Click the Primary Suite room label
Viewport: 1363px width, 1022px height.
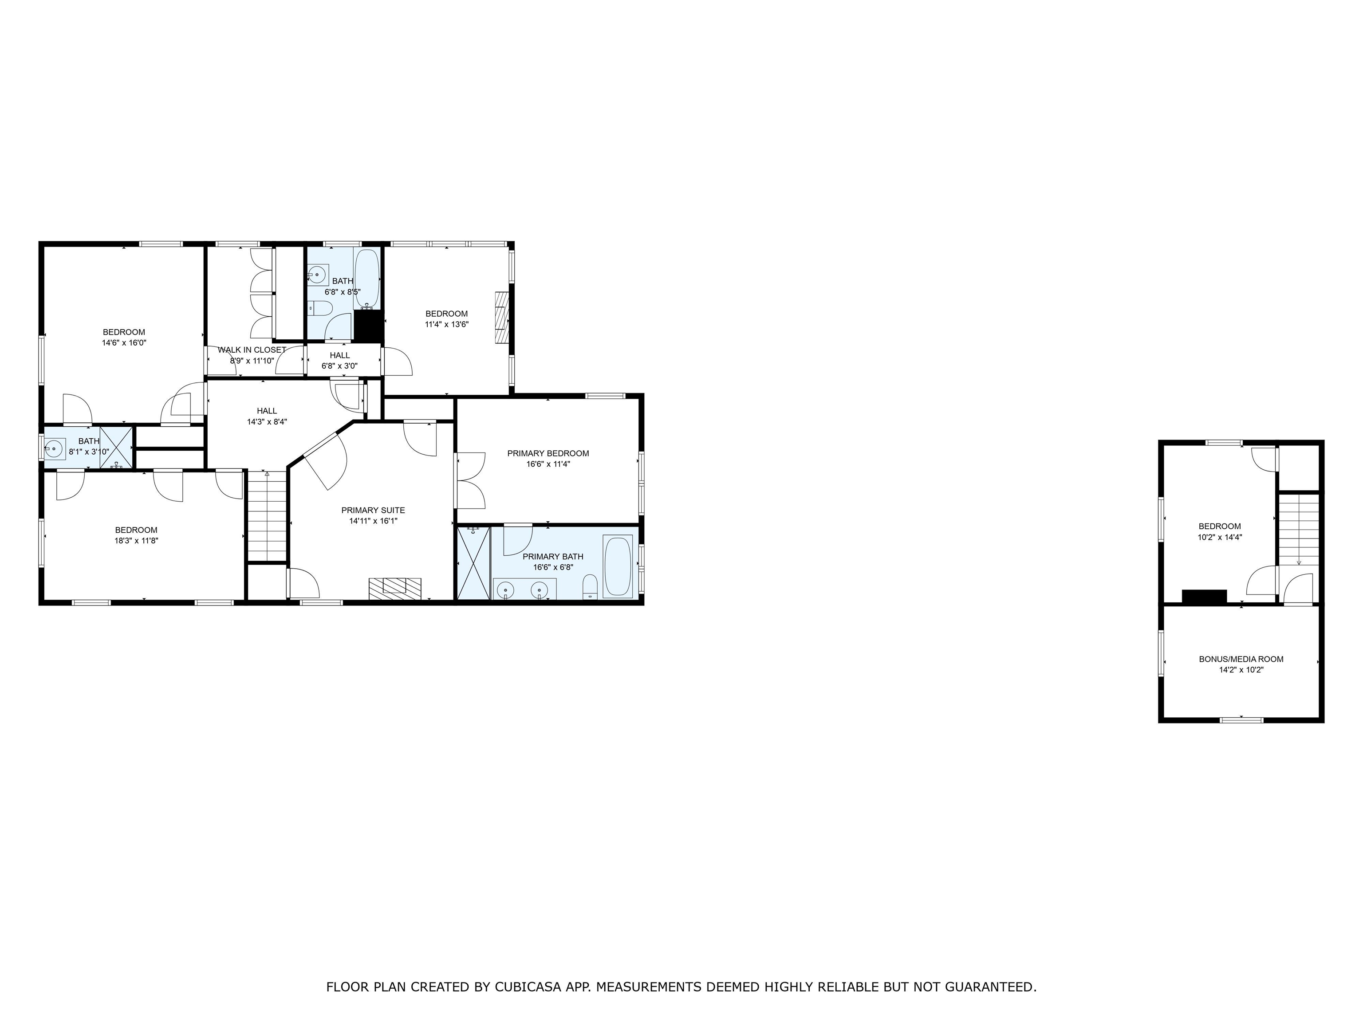click(373, 510)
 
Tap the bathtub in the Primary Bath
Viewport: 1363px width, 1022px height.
click(618, 566)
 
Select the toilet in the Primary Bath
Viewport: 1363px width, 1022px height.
click(590, 587)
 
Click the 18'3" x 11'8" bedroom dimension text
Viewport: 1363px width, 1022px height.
click(136, 541)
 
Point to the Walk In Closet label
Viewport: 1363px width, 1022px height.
click(252, 350)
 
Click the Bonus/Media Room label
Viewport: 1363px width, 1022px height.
click(1241, 659)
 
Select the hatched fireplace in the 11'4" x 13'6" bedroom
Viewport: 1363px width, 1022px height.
click(503, 317)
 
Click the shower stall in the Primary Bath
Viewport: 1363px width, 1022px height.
click(473, 562)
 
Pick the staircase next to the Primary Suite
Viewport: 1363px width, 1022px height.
click(267, 516)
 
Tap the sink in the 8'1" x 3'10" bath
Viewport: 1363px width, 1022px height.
click(54, 448)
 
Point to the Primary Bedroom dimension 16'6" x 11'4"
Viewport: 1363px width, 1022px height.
click(548, 464)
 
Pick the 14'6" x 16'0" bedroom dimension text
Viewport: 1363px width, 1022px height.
click(124, 343)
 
